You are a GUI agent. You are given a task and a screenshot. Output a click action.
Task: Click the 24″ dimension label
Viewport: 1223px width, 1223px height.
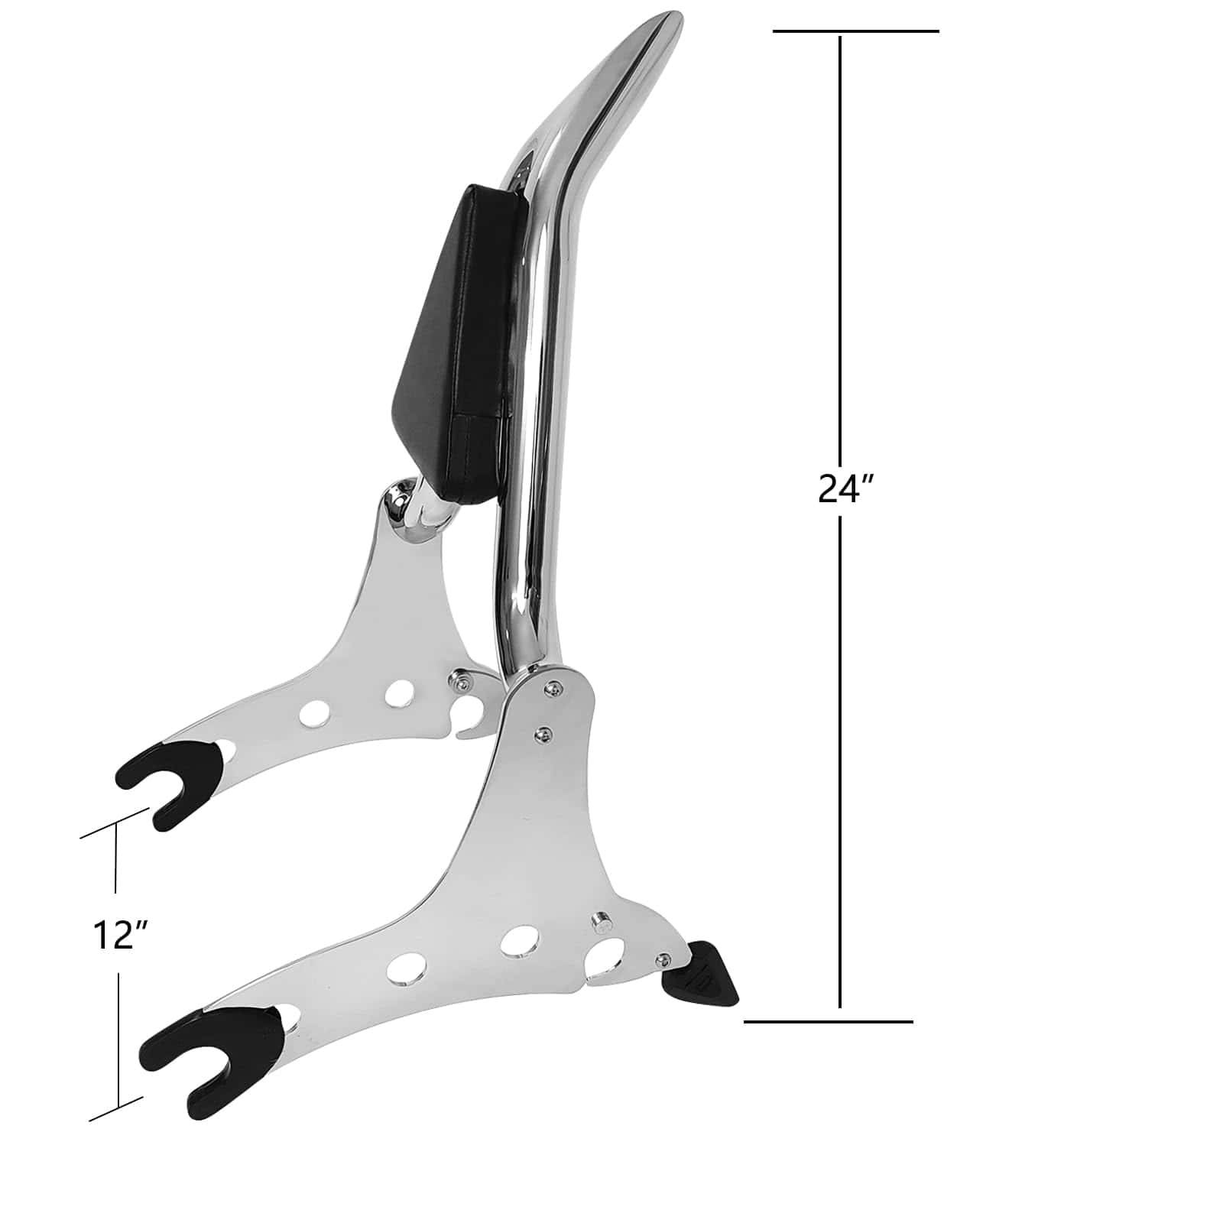point(845,488)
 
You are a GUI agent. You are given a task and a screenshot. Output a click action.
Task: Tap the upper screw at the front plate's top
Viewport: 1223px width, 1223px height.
point(550,689)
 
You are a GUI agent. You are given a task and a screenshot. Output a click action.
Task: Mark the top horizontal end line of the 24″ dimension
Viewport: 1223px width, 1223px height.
point(855,31)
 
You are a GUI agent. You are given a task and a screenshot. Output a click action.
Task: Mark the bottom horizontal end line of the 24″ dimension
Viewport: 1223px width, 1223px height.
point(829,1020)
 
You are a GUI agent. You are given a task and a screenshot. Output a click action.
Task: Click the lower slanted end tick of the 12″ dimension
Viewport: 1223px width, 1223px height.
point(116,1109)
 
